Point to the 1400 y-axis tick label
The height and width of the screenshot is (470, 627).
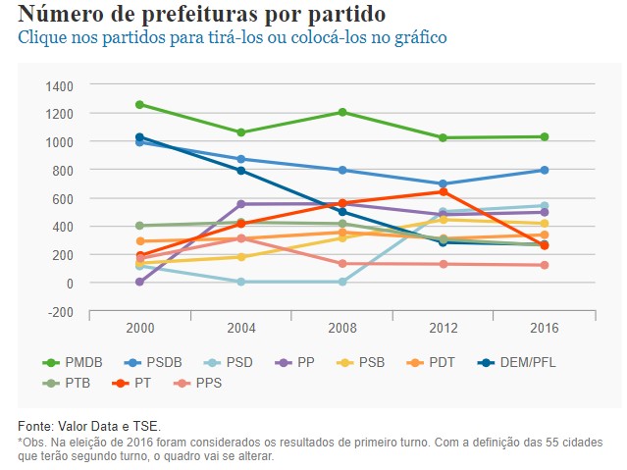coord(60,86)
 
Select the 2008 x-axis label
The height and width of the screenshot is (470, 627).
coord(342,326)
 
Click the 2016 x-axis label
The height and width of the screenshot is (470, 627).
coord(545,326)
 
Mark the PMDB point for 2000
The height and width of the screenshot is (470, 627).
coord(140,104)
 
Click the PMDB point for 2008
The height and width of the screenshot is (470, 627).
coord(342,112)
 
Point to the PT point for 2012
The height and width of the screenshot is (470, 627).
coord(444,191)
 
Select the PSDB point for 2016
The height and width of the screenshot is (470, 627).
coord(545,170)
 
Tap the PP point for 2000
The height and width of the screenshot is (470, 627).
coord(140,282)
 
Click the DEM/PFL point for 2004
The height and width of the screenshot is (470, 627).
coord(241,171)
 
